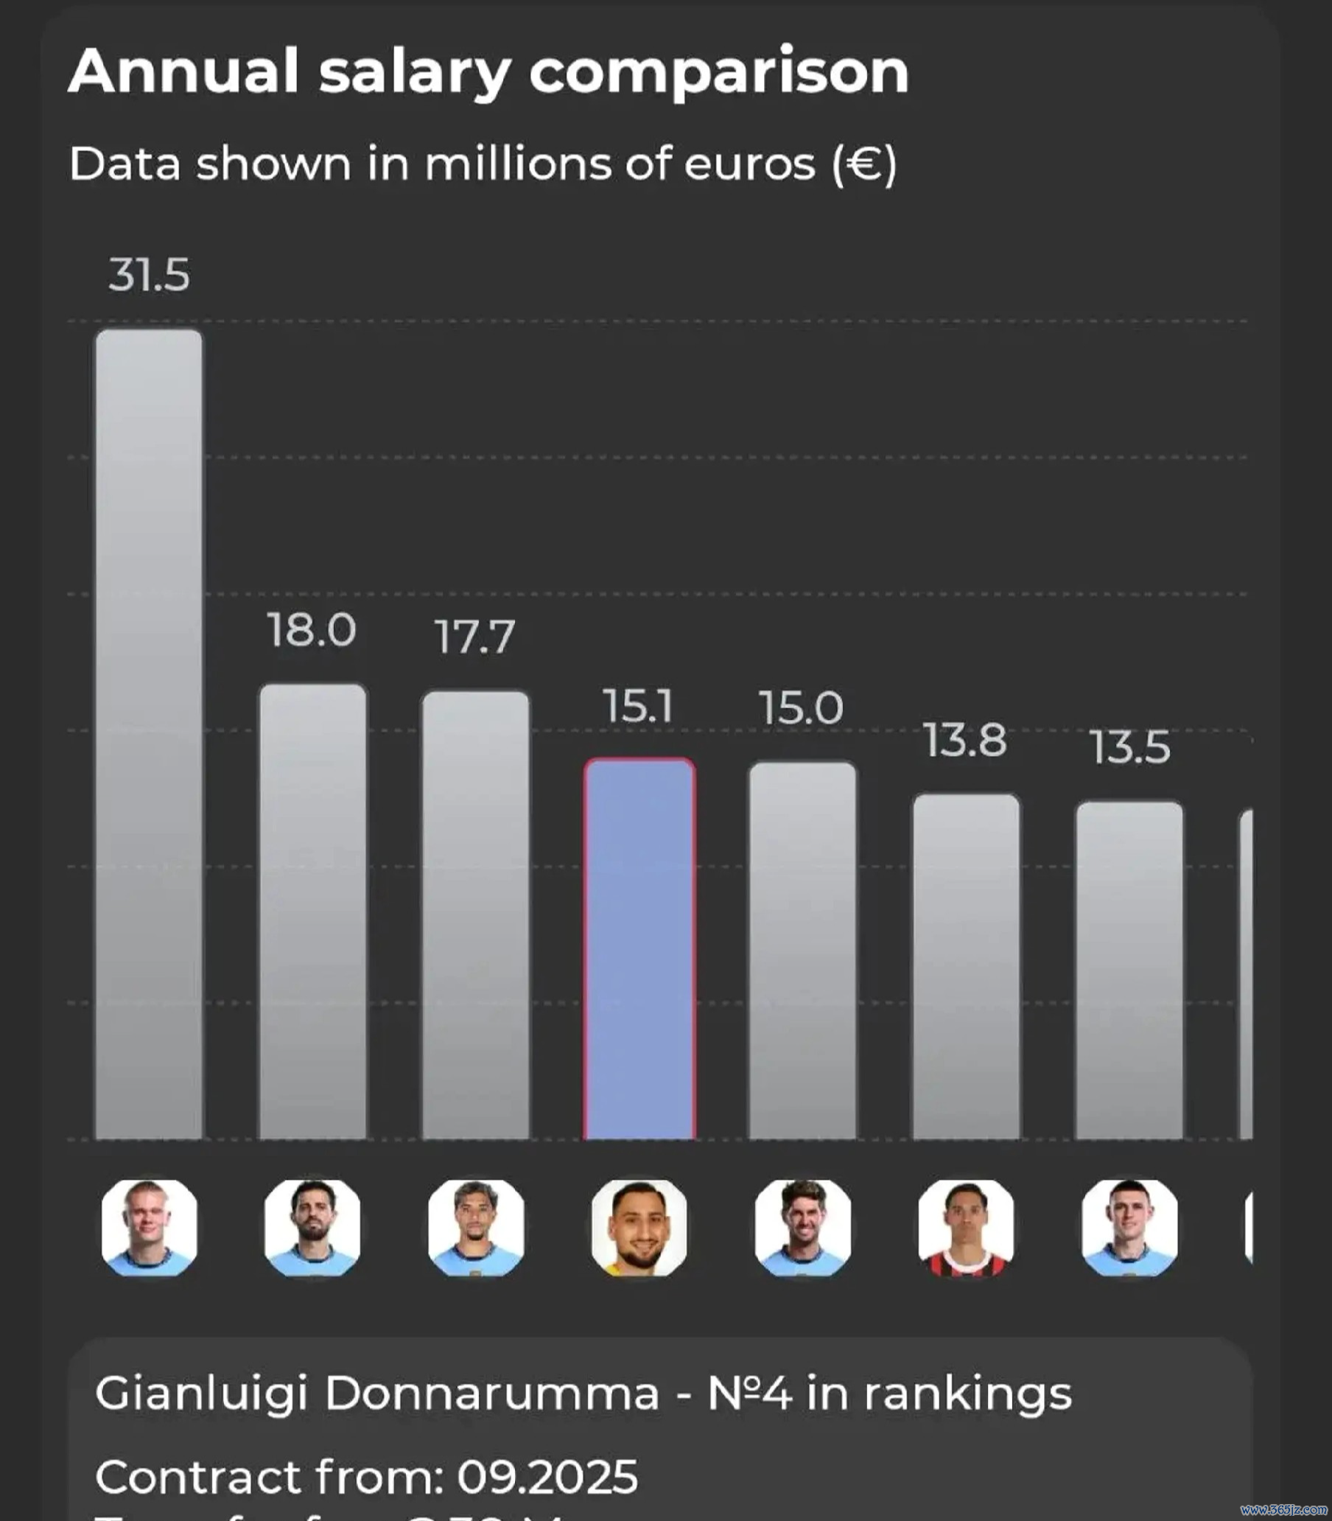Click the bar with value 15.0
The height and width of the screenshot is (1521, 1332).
point(802,951)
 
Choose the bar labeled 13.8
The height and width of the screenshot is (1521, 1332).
point(967,967)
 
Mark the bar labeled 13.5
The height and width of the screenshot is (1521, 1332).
point(1129,971)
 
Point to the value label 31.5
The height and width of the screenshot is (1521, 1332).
point(149,275)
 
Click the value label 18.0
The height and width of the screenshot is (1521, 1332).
point(312,630)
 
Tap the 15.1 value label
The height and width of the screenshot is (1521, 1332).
point(638,706)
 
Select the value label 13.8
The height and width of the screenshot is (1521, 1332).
point(965,741)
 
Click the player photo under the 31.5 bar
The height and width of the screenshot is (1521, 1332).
point(150,1228)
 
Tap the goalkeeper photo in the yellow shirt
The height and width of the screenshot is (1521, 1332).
point(639,1228)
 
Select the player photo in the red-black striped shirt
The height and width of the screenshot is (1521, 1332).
point(966,1228)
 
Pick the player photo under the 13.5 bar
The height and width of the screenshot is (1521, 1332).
point(1129,1228)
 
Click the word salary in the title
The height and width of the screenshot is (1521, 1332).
point(414,73)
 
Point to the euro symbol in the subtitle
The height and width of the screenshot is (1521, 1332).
point(864,164)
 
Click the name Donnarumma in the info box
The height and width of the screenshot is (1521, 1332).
point(491,1393)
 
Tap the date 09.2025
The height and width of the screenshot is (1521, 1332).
point(547,1476)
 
